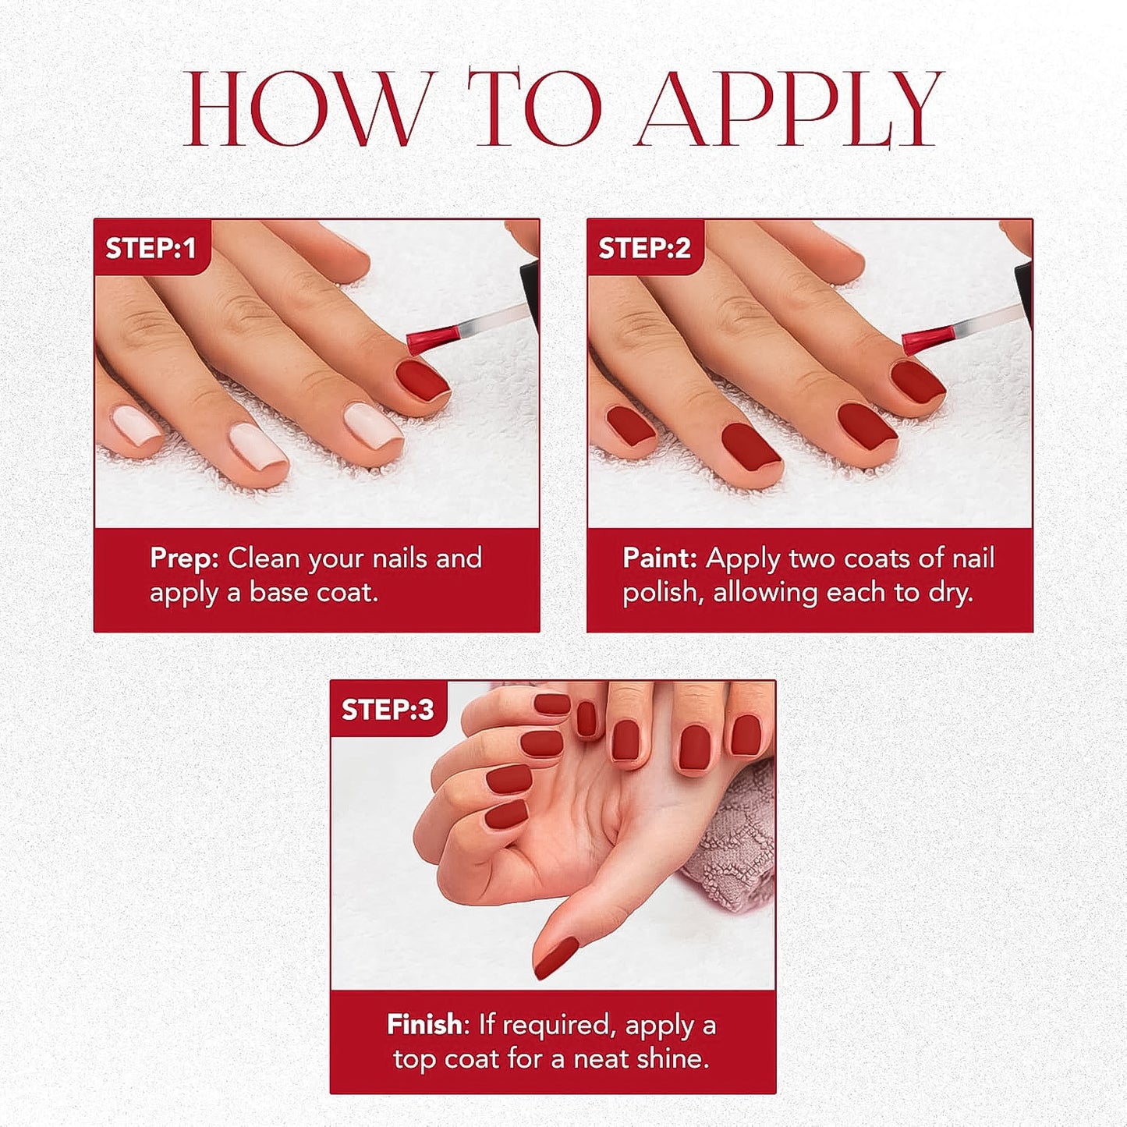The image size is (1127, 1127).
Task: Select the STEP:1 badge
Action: point(151,248)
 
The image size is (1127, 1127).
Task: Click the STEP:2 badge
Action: point(644,248)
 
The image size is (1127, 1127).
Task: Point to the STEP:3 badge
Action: point(387,710)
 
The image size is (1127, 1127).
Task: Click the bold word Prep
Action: point(185,558)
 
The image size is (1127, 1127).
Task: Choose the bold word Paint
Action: point(660,558)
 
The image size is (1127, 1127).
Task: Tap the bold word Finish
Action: point(424,1024)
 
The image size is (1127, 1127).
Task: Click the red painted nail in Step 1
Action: point(422,379)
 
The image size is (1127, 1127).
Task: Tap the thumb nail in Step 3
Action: point(555,958)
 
